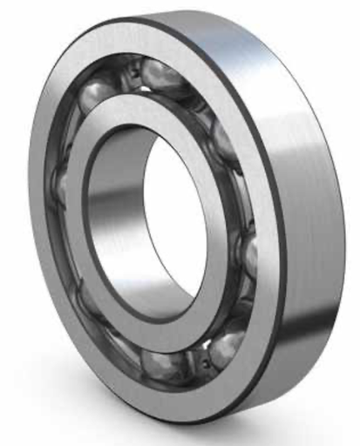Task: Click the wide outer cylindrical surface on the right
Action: pos(305,218)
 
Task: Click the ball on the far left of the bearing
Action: pos(58,187)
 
